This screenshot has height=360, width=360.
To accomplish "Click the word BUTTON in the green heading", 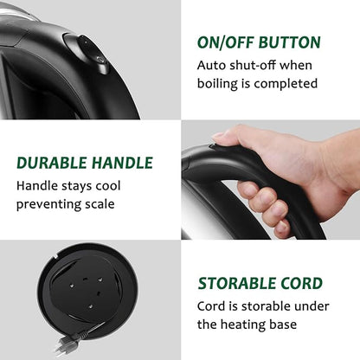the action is (289, 42).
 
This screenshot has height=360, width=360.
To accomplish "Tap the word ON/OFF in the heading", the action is (226, 42).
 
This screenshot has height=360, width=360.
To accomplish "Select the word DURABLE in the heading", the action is (52, 163).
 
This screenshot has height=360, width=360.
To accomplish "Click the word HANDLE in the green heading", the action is (122, 163).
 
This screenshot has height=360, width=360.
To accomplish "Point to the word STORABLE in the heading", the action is (236, 283).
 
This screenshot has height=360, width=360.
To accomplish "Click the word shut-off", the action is (253, 65).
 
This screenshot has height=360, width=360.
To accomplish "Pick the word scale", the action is (100, 204).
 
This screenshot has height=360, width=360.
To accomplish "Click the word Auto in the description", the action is (211, 65).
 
